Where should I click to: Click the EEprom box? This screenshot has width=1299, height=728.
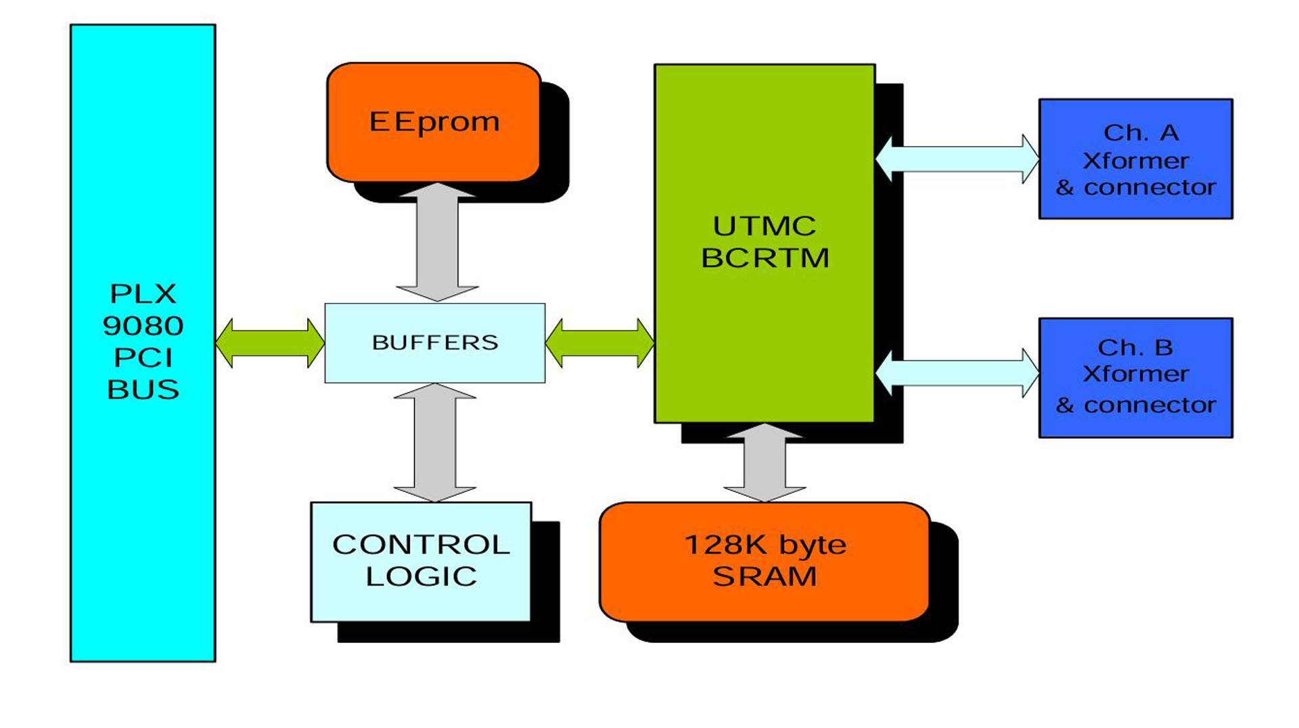coord(434,122)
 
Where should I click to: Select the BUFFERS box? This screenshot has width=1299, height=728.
coord(435,343)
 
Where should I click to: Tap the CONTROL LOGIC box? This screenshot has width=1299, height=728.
coord(421,561)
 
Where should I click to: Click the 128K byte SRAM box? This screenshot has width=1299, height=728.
coord(765,561)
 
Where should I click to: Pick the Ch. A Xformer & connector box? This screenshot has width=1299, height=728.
coord(1135,159)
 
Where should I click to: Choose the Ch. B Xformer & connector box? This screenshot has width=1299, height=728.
coord(1135,377)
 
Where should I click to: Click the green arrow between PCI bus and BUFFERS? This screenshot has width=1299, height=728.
coord(270,343)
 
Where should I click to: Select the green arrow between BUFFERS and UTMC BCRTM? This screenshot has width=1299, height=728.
coord(599,343)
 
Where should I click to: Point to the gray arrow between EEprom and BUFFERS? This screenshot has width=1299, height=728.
coord(437,242)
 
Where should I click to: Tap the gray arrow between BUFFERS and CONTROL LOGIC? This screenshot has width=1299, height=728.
coord(435,443)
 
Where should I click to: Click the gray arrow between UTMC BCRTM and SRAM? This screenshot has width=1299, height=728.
coord(765,463)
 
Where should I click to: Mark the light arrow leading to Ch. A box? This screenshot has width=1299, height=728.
coord(957,159)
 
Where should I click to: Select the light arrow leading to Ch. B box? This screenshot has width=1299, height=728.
coord(957,373)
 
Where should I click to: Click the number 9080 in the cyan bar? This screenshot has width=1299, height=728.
coord(143,326)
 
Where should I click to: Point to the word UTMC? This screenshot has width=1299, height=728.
coord(765,226)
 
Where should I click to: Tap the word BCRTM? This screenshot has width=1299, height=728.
coord(765,258)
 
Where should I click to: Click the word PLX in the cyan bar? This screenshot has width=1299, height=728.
coord(143,294)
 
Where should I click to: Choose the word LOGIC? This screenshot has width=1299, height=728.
coord(421,577)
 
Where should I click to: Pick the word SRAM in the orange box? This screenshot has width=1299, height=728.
coord(765,577)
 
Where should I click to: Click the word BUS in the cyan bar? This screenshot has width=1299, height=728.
coord(143,389)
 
